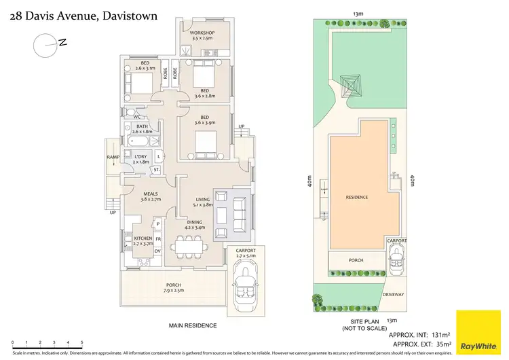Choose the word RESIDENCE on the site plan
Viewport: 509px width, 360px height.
(356, 198)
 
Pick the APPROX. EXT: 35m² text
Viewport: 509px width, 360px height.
(415, 344)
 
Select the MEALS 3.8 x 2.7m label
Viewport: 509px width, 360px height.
(150, 196)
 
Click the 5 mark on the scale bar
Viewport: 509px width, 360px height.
(82, 342)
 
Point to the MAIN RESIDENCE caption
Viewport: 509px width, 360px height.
(193, 325)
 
